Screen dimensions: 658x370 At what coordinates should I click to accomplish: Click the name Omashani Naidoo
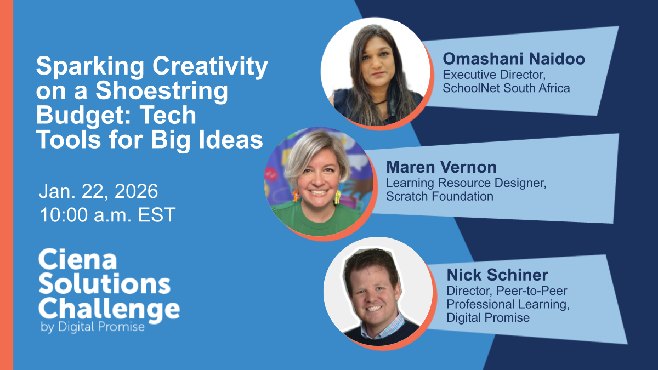(x=514, y=59)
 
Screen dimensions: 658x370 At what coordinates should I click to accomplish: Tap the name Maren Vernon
(x=441, y=167)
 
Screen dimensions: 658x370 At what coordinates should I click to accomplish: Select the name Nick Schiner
(x=497, y=275)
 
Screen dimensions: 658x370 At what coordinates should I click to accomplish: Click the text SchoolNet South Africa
(x=506, y=88)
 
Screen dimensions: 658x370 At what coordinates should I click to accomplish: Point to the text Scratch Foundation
(x=439, y=196)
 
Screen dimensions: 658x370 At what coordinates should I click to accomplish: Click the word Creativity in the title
(x=210, y=67)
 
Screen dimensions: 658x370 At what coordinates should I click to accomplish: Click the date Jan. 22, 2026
(x=99, y=191)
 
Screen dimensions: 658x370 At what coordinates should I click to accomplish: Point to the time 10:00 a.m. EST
(x=107, y=215)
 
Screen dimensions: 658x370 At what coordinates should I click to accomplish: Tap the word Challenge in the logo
(x=109, y=309)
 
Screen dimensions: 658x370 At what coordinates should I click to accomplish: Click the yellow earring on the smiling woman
(x=338, y=197)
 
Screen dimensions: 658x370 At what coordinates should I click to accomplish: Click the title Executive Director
(x=494, y=75)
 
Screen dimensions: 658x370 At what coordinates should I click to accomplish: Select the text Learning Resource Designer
(x=466, y=183)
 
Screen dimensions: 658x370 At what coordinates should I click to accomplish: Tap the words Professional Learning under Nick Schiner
(x=508, y=304)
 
